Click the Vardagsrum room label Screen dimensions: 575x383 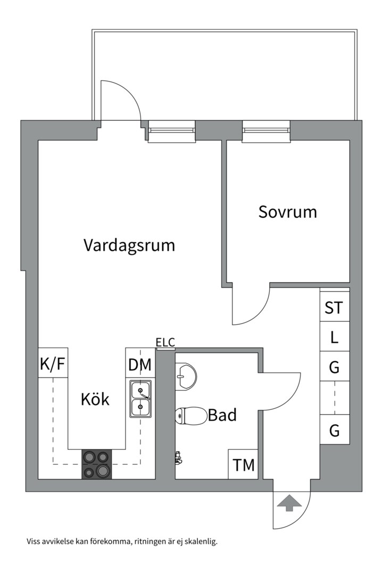tap(129, 245)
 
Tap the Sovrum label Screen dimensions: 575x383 tap(287, 212)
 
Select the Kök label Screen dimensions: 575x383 tap(95, 399)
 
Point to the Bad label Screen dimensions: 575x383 tap(222, 415)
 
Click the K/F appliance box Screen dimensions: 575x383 tap(53, 364)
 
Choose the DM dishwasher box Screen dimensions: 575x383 tap(140, 365)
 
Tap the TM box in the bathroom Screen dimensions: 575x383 tap(244, 465)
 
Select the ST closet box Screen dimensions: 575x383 tap(334, 308)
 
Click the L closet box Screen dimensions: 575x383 tap(334, 337)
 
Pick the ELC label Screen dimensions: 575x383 tap(165, 343)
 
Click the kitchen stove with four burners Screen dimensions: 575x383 tap(96, 464)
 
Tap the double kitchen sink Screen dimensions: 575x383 tap(140, 398)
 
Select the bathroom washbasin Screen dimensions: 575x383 tap(186, 376)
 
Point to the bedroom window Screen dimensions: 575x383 tap(266, 131)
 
